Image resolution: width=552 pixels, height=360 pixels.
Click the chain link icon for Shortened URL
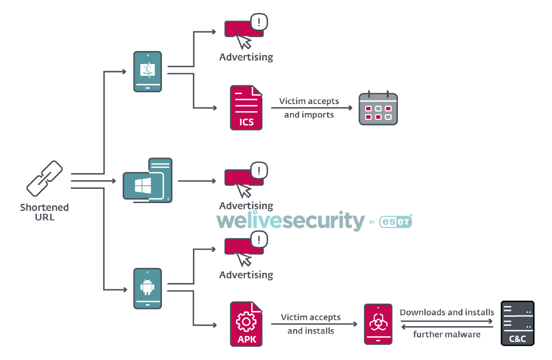[44, 178]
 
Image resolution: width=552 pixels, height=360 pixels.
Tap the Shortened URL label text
[44, 212]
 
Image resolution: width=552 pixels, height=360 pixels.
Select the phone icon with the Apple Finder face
[148, 72]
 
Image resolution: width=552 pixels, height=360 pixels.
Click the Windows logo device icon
[147, 180]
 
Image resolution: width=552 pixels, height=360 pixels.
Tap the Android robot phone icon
[148, 288]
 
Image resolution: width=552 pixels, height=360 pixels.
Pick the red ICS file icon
[246, 107]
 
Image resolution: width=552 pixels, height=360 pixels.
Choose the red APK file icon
[246, 324]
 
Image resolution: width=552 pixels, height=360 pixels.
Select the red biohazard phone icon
[378, 324]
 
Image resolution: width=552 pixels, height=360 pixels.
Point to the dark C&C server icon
[517, 324]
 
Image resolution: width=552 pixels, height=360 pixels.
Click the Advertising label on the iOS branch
[246, 57]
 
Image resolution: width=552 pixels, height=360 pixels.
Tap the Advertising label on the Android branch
[246, 275]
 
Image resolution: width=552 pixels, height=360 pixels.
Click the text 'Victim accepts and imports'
[309, 108]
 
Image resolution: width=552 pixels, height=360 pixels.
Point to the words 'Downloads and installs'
[447, 312]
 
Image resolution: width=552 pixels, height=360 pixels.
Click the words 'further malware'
[447, 334]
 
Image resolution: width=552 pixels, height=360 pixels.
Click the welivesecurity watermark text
[290, 222]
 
